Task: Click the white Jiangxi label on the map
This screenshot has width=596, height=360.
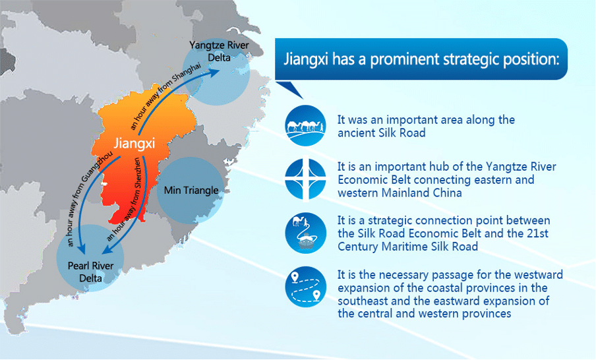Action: (134, 144)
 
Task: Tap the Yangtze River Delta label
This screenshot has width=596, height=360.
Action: (220, 51)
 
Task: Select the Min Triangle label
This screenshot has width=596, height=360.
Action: (191, 190)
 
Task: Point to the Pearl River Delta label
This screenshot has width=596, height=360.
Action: (90, 272)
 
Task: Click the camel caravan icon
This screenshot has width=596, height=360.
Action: (306, 125)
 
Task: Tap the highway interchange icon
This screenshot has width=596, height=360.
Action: (306, 179)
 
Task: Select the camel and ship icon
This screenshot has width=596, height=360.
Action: (306, 233)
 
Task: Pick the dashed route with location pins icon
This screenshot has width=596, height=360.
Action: (306, 287)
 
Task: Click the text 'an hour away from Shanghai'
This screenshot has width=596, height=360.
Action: (165, 96)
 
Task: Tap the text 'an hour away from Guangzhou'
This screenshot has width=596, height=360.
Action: (90, 198)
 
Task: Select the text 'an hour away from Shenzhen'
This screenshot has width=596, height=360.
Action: (125, 199)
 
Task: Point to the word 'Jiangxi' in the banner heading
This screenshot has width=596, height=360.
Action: (306, 59)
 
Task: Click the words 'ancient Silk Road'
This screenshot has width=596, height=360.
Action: (382, 133)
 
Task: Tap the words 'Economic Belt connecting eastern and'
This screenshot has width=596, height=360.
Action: (436, 179)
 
